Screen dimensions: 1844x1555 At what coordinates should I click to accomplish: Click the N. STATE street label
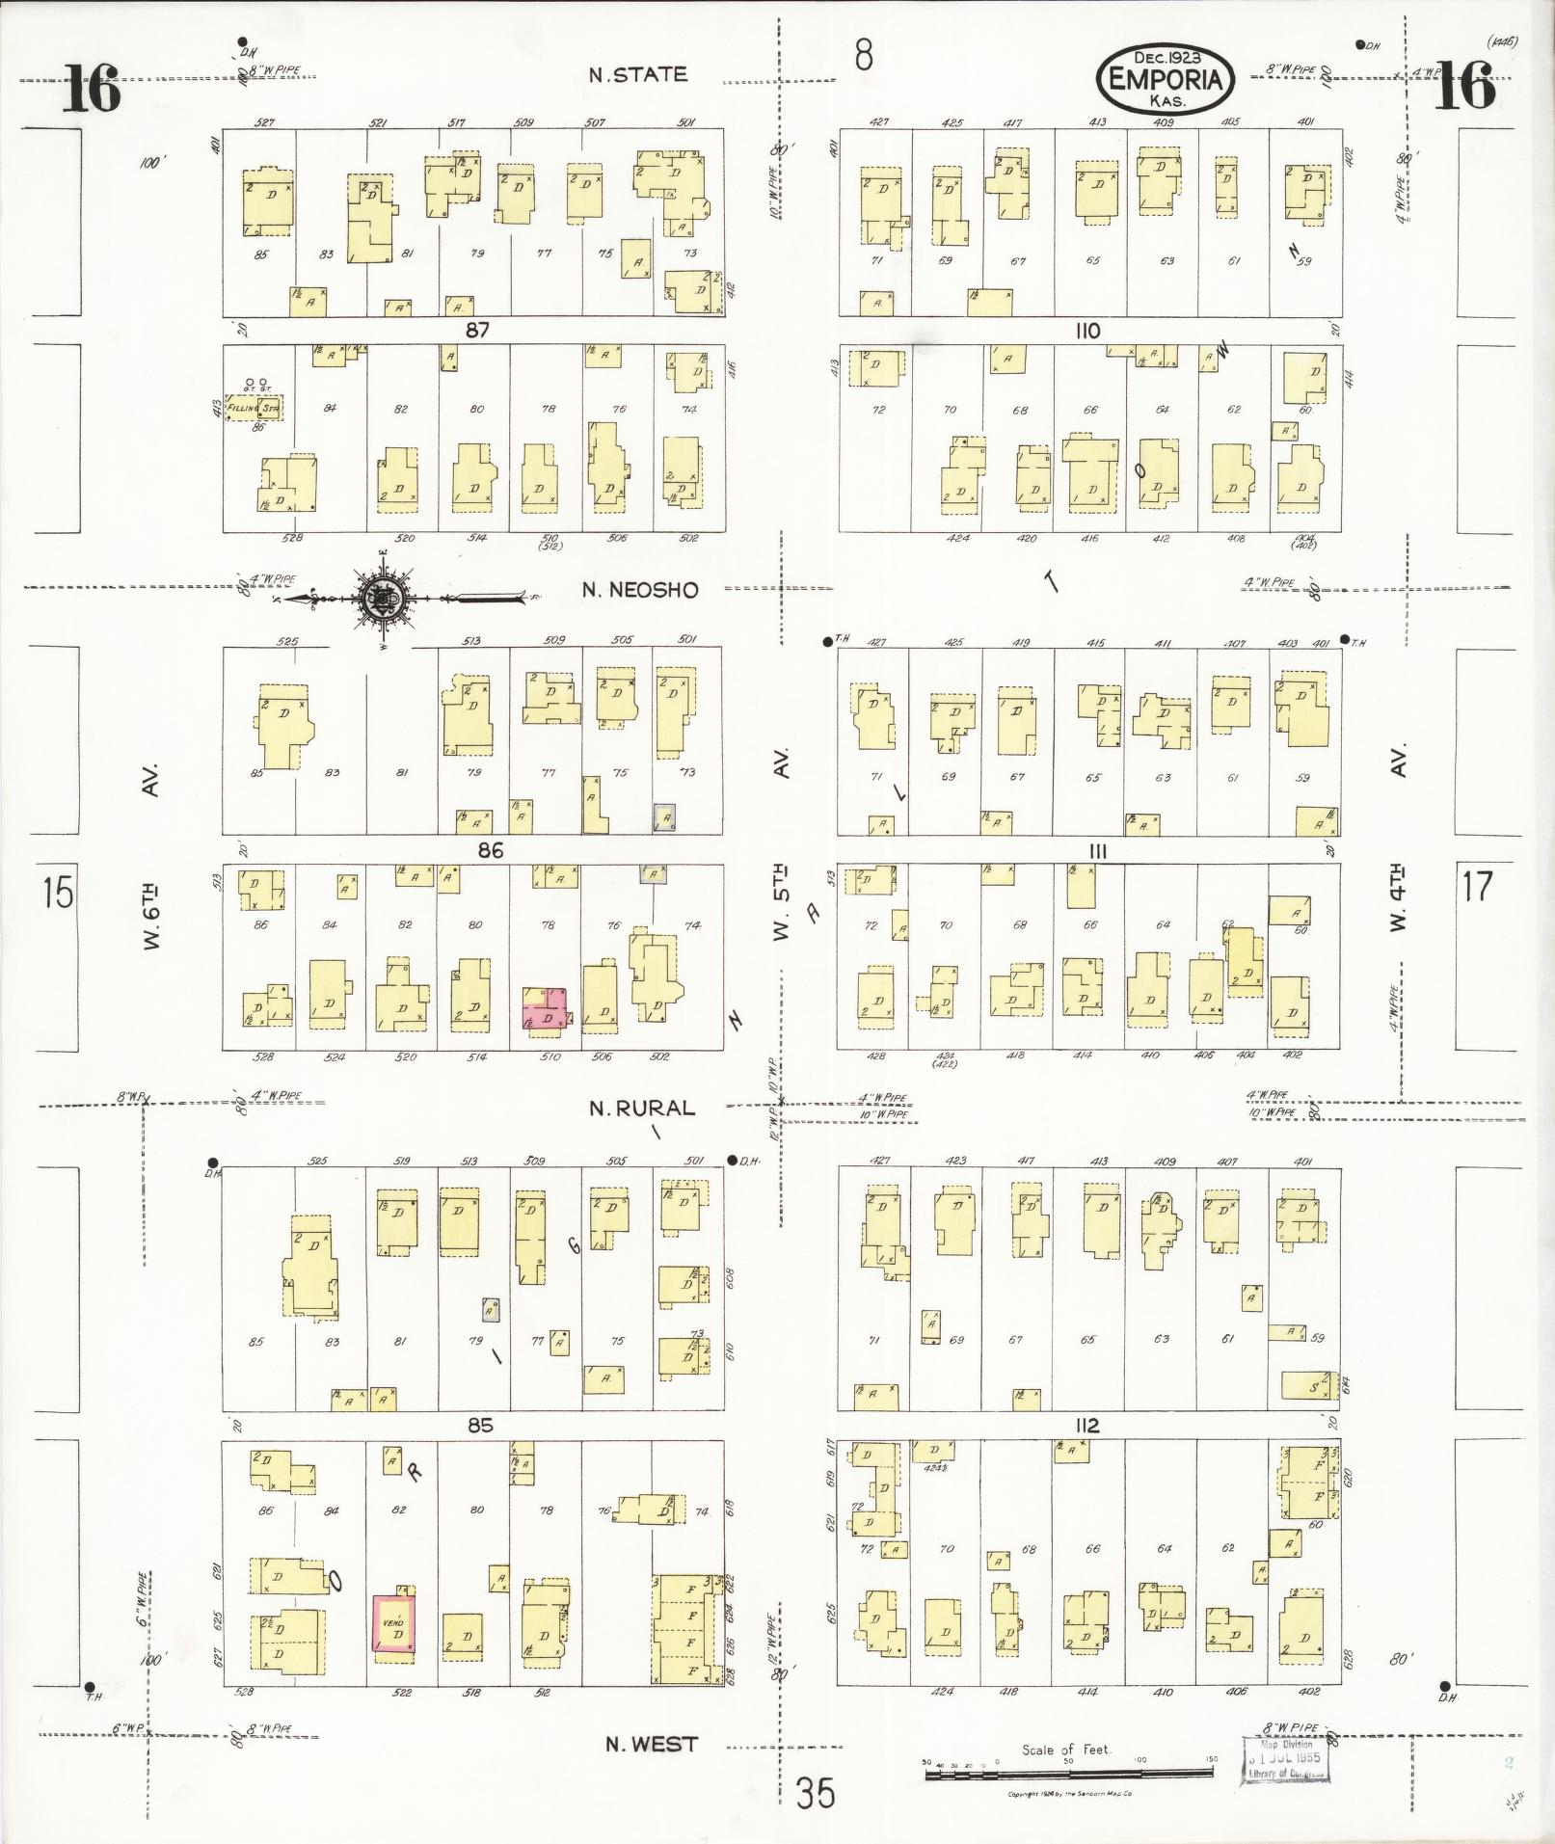(x=638, y=75)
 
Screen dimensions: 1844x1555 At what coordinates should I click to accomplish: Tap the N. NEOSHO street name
(x=640, y=590)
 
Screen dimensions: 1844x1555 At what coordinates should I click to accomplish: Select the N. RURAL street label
(x=642, y=1109)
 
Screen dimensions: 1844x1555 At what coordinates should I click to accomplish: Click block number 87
(x=477, y=331)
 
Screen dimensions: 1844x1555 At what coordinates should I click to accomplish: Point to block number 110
(x=1086, y=331)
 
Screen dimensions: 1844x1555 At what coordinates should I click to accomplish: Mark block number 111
(x=1096, y=851)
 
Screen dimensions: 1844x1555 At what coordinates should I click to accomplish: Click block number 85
(x=480, y=1425)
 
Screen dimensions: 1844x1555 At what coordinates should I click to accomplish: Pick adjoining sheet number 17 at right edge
(x=1476, y=886)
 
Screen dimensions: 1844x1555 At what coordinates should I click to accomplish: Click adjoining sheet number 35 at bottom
(x=815, y=1794)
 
